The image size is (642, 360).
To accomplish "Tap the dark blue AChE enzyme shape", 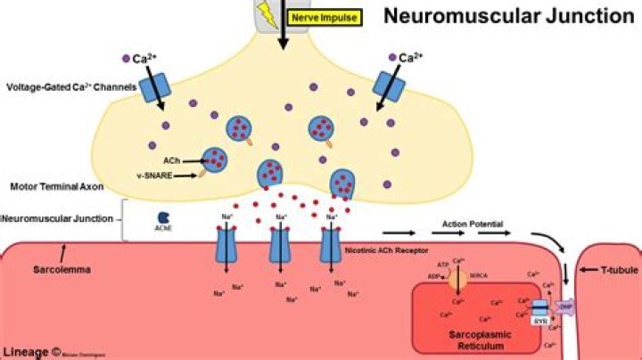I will pyautogui.click(x=164, y=217).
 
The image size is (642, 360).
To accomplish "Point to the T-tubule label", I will pyautogui.click(x=616, y=268).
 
